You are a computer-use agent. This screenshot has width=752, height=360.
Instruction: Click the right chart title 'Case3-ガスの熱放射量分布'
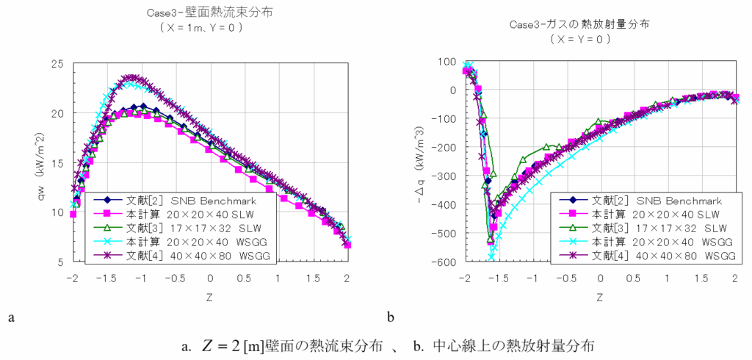[x=584, y=25]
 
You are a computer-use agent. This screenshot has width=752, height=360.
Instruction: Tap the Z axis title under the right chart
[x=599, y=298]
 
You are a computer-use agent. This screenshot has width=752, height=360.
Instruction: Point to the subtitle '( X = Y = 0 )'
[x=584, y=39]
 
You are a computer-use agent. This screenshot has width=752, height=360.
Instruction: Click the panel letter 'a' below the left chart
[x=10, y=317]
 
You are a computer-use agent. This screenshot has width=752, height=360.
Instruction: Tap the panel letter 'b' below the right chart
[x=391, y=317]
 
